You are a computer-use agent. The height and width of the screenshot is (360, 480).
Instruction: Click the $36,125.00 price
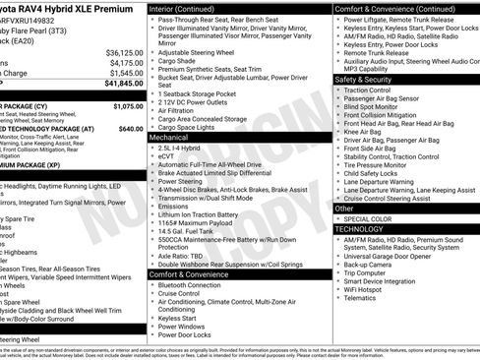coord(124,52)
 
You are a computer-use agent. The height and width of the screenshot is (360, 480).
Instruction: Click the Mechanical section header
coord(169,138)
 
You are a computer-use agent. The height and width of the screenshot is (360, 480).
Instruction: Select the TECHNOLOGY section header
coord(360,228)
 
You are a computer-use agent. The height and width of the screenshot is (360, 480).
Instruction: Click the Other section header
coord(345,208)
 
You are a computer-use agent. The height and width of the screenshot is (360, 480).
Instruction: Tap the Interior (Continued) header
coord(190,8)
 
